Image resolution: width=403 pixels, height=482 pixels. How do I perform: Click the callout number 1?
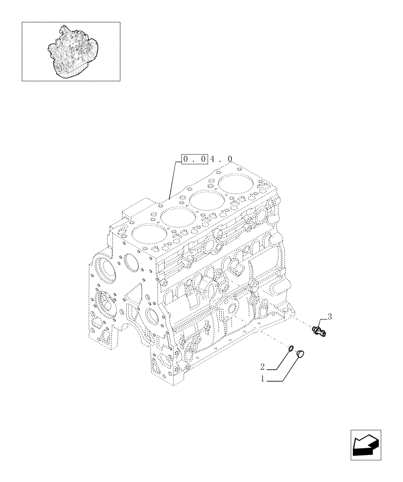pyautogui.click(x=263, y=379)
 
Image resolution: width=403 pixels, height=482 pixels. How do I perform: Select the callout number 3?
pyautogui.click(x=330, y=316)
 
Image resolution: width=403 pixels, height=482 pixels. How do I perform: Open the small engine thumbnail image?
pyautogui.click(x=71, y=51)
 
